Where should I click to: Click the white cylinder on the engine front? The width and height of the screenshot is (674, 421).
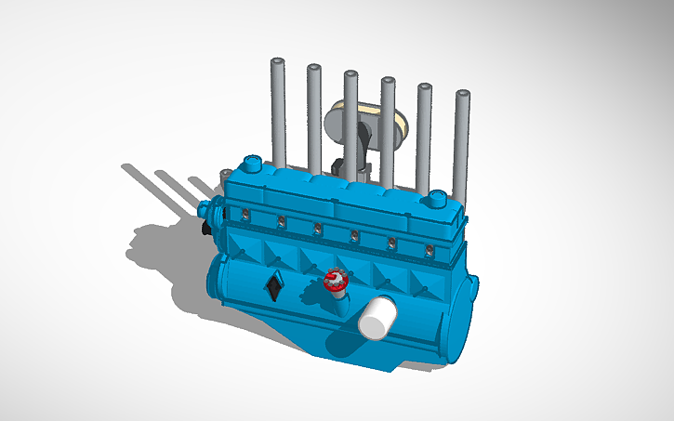pyautogui.click(x=377, y=318)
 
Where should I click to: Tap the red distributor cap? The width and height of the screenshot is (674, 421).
pyautogui.click(x=335, y=280)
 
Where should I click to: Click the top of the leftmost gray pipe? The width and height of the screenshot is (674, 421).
pyautogui.click(x=276, y=63)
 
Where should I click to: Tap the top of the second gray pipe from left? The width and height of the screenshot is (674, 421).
pyautogui.click(x=313, y=69)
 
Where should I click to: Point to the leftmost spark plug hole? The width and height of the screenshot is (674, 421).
pyautogui.click(x=244, y=216)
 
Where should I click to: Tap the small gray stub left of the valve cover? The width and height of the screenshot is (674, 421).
pyautogui.click(x=225, y=176)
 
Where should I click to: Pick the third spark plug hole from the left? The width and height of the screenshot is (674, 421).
pyautogui.click(x=317, y=229)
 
